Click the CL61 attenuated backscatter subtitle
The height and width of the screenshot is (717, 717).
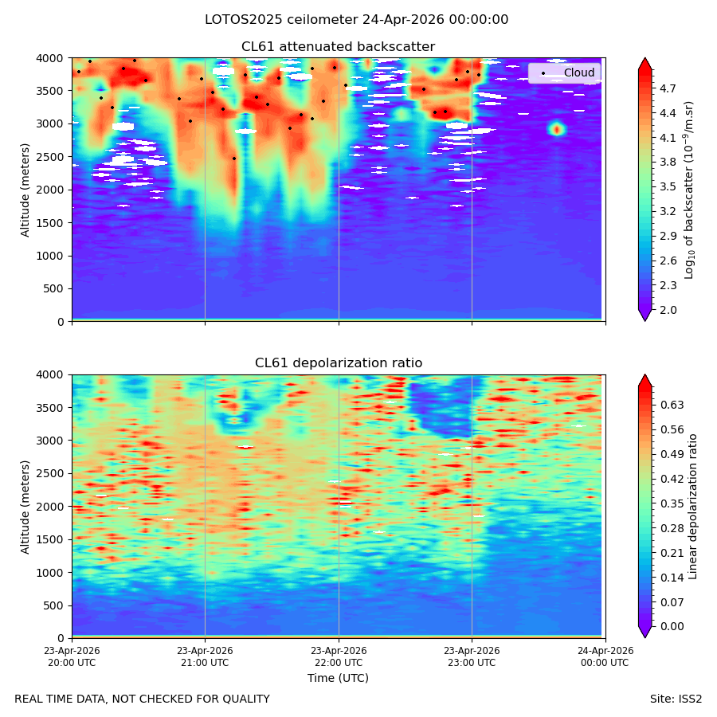click(338, 47)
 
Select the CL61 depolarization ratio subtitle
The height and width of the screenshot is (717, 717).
click(339, 363)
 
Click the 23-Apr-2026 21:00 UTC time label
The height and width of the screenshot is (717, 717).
click(205, 656)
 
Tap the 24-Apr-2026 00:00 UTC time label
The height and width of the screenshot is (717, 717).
click(605, 656)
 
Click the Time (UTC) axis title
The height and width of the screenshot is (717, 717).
click(338, 678)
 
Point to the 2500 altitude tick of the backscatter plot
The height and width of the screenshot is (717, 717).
click(50, 157)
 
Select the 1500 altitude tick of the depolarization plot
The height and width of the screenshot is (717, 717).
click(50, 539)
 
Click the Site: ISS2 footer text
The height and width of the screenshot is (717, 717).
click(676, 699)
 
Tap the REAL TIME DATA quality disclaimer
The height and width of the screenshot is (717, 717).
click(143, 699)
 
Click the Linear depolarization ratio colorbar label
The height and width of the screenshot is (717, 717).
click(692, 507)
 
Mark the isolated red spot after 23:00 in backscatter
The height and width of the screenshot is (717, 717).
click(557, 129)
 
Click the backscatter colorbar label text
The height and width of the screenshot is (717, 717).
click(689, 190)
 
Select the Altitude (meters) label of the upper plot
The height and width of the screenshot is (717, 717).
click(25, 190)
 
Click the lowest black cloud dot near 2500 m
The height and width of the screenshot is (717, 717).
click(234, 159)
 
